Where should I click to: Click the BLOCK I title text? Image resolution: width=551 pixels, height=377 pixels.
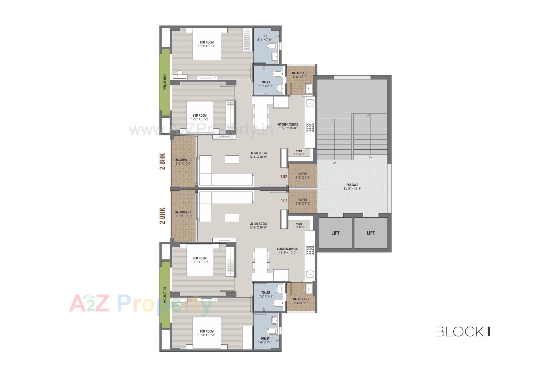pos(463,331)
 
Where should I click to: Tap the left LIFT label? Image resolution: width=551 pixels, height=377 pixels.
pos(335,233)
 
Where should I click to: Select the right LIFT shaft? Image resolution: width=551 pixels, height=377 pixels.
pos(371,233)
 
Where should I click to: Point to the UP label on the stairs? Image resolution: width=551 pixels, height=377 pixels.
pos(334,163)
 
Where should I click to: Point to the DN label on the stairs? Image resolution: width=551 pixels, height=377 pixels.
pos(370,158)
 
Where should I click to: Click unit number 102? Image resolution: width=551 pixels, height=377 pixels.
pos(284,177)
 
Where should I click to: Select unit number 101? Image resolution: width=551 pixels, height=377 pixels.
pos(284,201)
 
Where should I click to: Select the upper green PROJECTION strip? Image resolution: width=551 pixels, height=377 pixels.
pos(165,82)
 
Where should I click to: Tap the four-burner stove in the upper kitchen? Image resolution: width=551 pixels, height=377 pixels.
pos(310,127)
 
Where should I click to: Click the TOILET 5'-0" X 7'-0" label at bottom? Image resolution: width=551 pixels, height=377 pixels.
pos(265,340)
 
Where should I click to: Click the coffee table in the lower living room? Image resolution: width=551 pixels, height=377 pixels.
pos(232,218)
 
